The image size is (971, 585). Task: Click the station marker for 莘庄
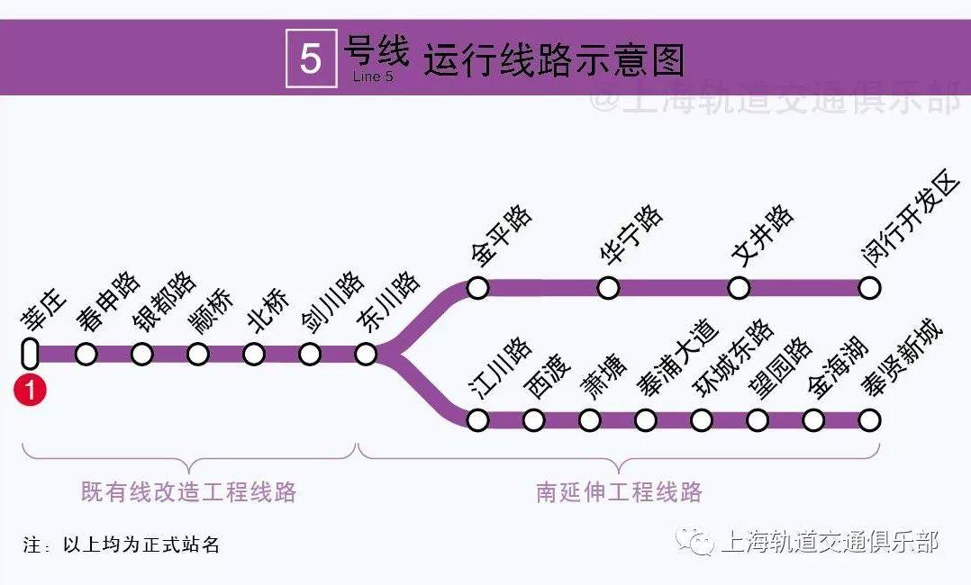[x=30, y=354]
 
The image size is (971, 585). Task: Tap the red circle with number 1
[x=30, y=391]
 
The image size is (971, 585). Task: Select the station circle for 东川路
[x=366, y=354]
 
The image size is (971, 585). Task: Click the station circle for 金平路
[x=477, y=288]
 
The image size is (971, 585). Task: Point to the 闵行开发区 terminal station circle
[x=869, y=288]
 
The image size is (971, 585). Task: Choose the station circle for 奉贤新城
[x=869, y=420]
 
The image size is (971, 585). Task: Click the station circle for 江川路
[x=477, y=420]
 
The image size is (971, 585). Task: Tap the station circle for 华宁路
[x=608, y=288]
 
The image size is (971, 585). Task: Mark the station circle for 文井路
[x=739, y=288]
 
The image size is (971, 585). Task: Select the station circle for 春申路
[x=86, y=354]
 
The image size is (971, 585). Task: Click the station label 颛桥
[x=212, y=310]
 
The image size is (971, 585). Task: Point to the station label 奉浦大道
[x=678, y=358]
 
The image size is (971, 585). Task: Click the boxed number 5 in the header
[x=311, y=58]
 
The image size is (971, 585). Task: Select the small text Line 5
[x=373, y=76]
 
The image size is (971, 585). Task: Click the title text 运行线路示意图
[x=554, y=60]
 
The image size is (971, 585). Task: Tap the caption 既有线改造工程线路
[x=189, y=492]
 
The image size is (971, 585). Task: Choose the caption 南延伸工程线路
[x=620, y=492]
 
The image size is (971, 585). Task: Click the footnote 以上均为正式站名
[x=141, y=544]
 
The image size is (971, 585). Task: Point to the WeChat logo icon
[x=696, y=543]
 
